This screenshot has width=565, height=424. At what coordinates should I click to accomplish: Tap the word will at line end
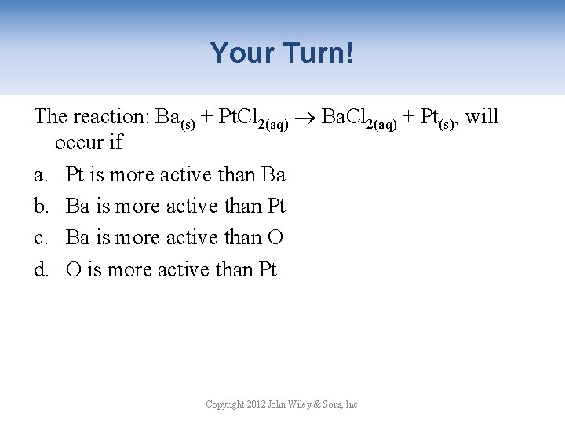click(x=482, y=116)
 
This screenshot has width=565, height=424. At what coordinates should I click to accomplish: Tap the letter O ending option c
click(x=275, y=238)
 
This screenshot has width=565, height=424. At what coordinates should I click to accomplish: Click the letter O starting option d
click(x=74, y=270)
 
